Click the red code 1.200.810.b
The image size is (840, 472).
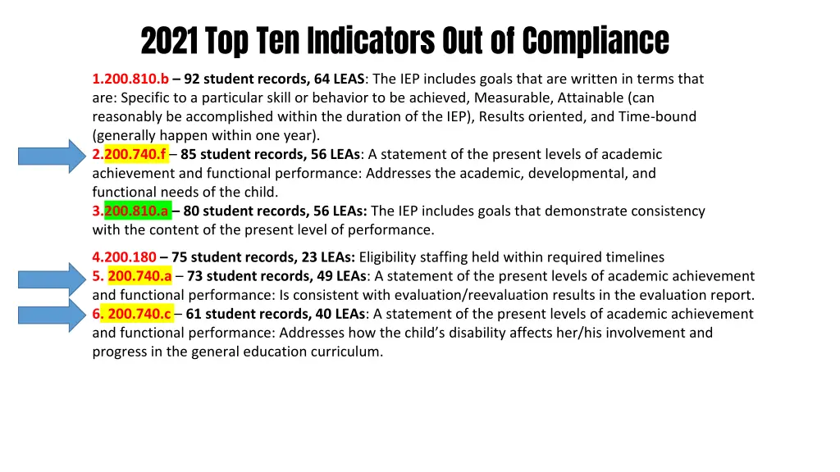pyautogui.click(x=130, y=79)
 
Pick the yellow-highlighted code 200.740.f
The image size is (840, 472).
pyautogui.click(x=135, y=155)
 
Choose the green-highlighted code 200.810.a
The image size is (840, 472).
pyautogui.click(x=137, y=211)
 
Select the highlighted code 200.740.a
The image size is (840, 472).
pyautogui.click(x=139, y=276)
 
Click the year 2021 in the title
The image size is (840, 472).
pyautogui.click(x=169, y=39)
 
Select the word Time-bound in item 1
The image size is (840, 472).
pyautogui.click(x=658, y=117)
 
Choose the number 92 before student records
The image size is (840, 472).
pyautogui.click(x=192, y=79)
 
